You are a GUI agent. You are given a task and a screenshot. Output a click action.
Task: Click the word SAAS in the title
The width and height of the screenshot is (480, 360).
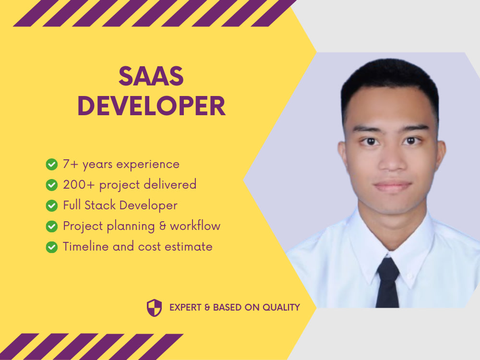151,77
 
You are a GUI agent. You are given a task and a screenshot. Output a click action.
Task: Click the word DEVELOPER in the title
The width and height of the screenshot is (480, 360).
151,106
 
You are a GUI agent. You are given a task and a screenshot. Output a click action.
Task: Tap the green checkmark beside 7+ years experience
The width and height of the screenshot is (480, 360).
51,165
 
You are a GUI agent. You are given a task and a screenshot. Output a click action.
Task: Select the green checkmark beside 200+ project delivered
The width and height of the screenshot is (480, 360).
51,185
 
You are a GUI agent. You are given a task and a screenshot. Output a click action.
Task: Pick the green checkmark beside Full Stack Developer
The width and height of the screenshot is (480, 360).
51,205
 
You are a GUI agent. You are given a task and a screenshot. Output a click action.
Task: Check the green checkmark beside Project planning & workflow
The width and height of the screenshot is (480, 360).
51,226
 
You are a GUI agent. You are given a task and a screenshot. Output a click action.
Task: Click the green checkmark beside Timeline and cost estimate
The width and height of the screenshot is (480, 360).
51,247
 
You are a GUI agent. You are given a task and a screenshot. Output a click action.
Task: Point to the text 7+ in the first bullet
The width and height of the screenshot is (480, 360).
71,164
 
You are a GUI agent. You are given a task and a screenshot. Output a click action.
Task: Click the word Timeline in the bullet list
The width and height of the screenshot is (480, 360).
86,247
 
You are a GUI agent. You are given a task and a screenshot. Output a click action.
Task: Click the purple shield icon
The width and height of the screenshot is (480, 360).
154,308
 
